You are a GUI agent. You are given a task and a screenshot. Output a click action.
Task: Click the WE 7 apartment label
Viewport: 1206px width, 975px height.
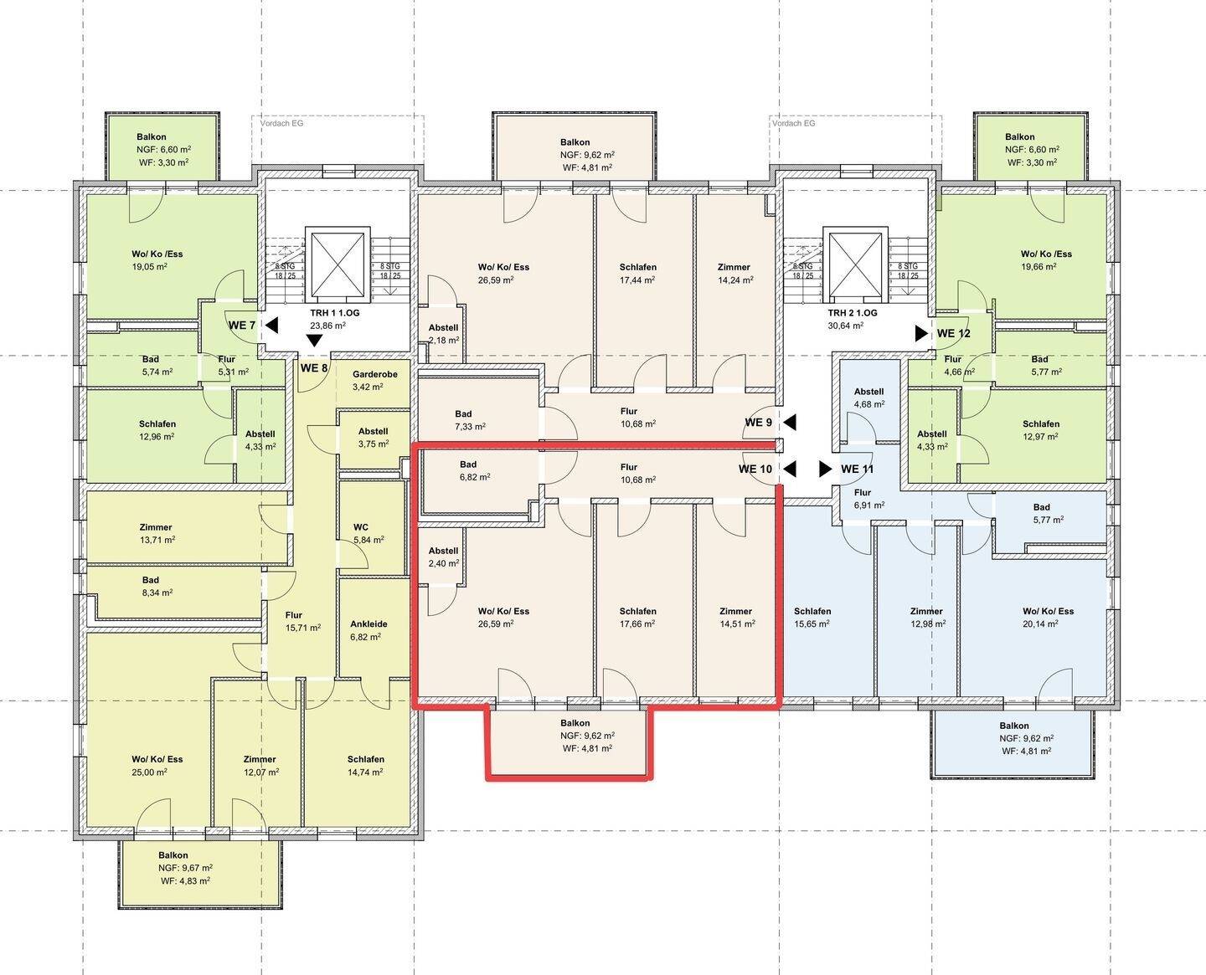click(242, 326)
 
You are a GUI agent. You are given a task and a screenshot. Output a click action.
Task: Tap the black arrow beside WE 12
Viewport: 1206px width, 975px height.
click(921, 333)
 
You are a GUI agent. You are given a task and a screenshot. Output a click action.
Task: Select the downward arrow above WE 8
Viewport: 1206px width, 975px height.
click(314, 341)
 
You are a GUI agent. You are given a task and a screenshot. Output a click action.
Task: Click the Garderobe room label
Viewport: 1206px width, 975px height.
click(375, 374)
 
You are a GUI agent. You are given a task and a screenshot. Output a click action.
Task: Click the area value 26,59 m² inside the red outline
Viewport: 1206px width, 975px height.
click(496, 623)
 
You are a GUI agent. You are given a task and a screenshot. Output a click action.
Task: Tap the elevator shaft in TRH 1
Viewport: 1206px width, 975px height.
click(338, 265)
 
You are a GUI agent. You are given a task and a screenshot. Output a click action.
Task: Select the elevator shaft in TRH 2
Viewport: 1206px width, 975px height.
click(856, 265)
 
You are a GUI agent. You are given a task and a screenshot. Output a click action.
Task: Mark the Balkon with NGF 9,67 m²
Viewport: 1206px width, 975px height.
click(200, 873)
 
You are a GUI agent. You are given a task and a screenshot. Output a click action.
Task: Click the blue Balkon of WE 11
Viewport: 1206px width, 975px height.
click(1013, 743)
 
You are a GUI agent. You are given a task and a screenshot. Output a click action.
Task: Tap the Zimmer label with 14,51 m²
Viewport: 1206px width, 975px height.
click(736, 618)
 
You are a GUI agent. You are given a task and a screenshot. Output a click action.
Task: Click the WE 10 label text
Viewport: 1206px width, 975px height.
click(755, 470)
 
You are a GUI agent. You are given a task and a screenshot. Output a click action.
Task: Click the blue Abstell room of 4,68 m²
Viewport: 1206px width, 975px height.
click(869, 397)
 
